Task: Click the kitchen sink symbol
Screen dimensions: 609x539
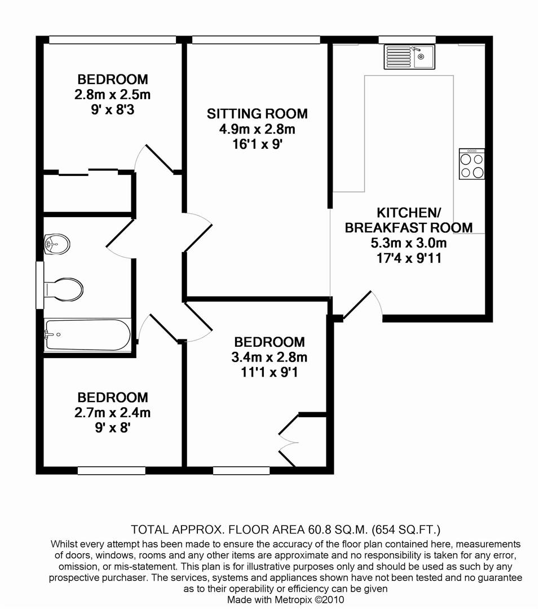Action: pos(409,57)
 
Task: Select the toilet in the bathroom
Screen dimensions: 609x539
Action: pos(64,289)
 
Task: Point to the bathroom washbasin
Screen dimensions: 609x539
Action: pos(58,245)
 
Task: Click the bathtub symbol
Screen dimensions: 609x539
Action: pos(87,335)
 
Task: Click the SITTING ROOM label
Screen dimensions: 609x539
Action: pos(257,114)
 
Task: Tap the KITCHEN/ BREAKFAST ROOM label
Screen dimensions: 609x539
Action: pos(408,220)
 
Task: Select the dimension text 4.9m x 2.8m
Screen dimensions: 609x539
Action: pos(257,130)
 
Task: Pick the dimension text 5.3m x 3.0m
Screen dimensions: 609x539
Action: pos(408,244)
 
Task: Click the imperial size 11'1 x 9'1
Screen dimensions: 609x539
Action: pos(269,373)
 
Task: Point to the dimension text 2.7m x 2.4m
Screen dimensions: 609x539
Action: pos(112,413)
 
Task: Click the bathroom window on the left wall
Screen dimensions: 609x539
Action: pos(40,285)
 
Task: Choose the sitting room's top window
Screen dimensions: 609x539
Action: pos(256,40)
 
